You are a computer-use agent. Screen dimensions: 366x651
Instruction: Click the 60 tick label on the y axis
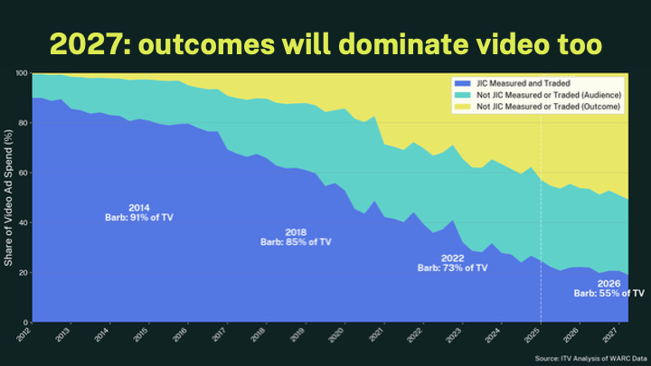pos(22,173)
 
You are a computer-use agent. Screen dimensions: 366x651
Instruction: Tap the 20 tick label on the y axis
pos(22,273)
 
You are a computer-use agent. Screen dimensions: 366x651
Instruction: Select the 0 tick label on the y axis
pos(24,323)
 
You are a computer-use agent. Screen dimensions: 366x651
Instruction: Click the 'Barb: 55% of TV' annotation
pos(609,293)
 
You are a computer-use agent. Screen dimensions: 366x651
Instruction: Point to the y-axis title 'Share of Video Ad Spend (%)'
pos(8,197)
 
